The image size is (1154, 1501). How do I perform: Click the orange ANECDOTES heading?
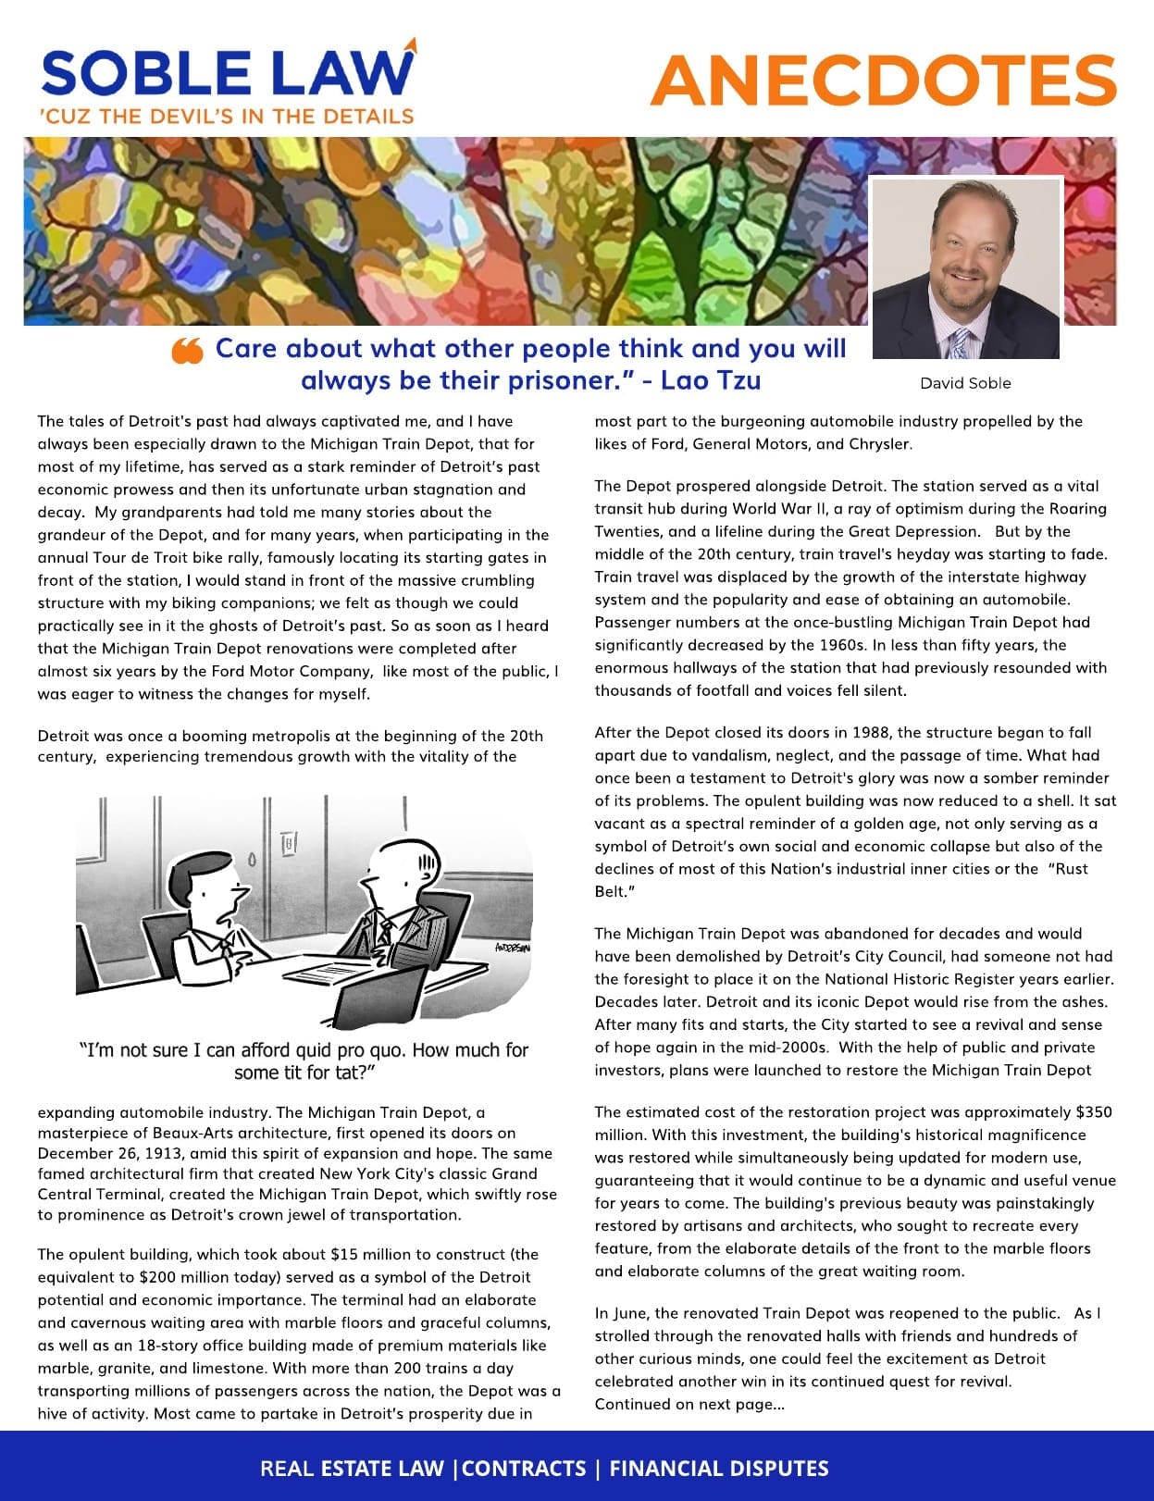883,81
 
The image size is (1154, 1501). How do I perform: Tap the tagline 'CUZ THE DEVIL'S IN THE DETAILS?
227,117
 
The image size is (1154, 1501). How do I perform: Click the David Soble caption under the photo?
965,383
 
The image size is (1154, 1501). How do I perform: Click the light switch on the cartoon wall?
290,843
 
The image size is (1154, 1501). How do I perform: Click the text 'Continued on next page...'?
689,1404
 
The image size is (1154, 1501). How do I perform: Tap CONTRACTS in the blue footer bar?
524,1469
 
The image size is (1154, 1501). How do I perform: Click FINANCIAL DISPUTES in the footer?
718,1469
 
